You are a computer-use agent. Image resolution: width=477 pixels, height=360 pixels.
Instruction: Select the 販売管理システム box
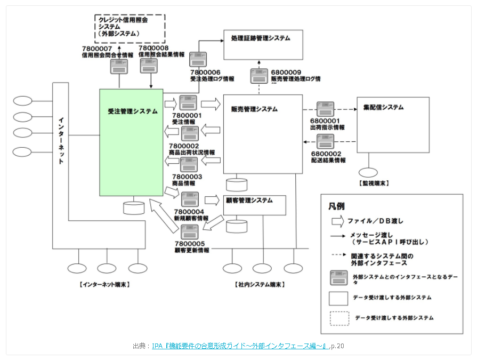click(263, 134)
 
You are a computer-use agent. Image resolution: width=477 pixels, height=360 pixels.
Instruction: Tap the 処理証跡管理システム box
click(263, 45)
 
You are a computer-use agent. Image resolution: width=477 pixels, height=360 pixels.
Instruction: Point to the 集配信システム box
click(393, 125)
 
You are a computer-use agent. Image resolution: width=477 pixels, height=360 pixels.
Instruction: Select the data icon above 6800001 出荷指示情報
click(325, 109)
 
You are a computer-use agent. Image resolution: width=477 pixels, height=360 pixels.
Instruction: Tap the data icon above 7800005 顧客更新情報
click(190, 232)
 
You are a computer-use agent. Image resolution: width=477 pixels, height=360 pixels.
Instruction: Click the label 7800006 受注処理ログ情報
click(212, 76)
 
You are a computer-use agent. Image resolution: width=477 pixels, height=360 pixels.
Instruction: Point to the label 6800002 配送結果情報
click(328, 157)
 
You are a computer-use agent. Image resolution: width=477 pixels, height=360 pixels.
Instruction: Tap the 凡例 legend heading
click(336, 206)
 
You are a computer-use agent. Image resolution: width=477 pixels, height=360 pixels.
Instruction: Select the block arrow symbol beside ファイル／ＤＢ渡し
click(337, 221)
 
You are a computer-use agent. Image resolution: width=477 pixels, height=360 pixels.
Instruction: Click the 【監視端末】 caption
click(374, 183)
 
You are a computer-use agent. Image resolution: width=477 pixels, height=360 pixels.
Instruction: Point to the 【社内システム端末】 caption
click(260, 285)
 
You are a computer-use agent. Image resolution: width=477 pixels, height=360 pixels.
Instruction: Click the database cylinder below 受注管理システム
click(134, 207)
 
